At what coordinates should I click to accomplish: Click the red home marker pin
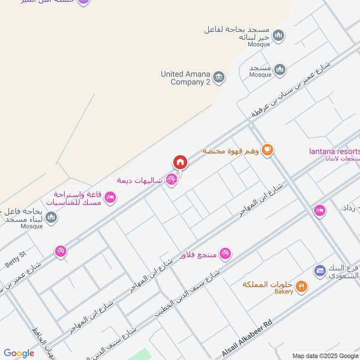pos(180,162)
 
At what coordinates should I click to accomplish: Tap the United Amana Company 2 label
pos(185,78)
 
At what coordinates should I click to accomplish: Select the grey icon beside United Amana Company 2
pos(219,77)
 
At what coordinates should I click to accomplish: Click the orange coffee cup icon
pos(267,150)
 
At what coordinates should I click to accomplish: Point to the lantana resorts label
pos(334,151)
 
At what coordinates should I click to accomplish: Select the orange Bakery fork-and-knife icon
pos(302,285)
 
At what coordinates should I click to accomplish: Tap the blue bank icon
pos(320,270)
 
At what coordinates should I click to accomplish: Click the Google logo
pos(19,353)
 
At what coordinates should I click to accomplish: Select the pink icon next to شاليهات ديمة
pos(171,180)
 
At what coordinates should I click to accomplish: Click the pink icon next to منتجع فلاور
pos(226,254)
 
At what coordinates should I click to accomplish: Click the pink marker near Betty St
pos(61,251)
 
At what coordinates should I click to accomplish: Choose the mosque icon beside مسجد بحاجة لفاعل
pos(279,35)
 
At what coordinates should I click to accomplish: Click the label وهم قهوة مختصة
pos(230,151)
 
